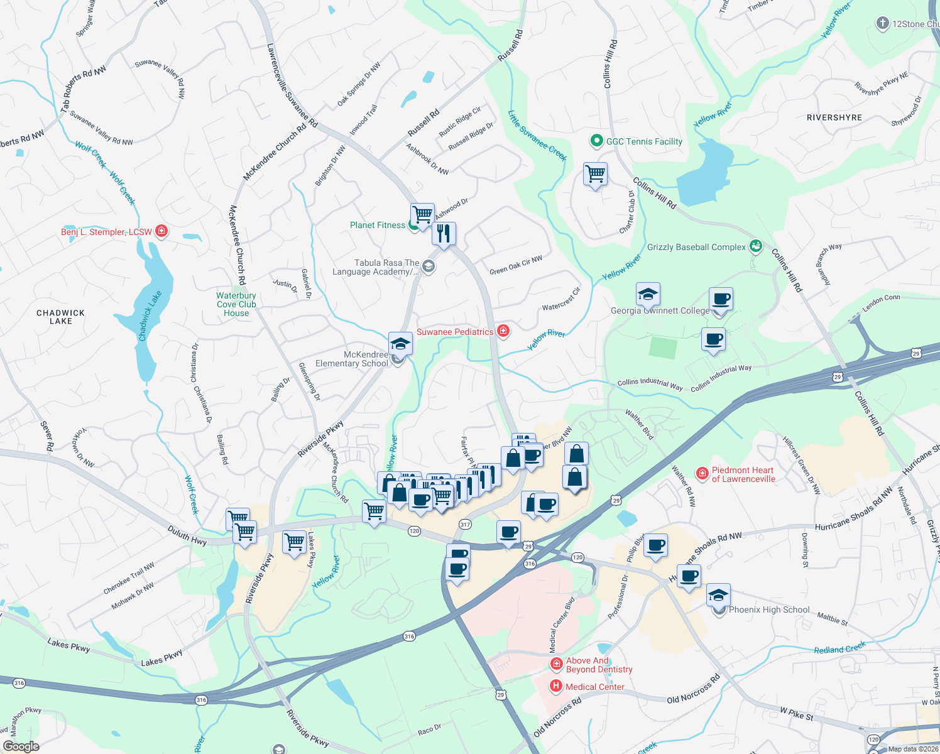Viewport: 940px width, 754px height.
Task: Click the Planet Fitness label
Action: pos(378,225)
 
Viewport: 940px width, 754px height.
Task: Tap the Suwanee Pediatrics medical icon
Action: pos(503,331)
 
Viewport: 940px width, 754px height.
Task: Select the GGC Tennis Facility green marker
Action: pos(596,141)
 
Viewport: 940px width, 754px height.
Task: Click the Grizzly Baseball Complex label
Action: pos(696,247)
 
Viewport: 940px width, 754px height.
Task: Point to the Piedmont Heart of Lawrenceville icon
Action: pos(702,473)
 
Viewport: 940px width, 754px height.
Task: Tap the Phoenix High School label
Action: pos(769,609)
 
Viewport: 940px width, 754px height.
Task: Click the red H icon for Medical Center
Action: pos(555,686)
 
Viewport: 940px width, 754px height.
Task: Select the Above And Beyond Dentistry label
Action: pos(599,665)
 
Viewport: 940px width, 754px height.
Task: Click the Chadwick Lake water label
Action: pos(150,316)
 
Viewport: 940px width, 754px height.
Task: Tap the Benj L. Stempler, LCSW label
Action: pos(106,232)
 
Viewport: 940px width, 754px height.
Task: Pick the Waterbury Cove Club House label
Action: pos(236,304)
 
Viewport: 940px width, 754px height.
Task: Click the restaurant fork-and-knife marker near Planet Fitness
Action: pos(444,234)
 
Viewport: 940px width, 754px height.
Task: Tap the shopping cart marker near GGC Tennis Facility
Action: pos(594,173)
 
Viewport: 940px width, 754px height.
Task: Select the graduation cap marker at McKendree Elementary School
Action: pos(400,344)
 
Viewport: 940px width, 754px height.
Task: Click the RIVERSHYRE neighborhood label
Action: pos(834,117)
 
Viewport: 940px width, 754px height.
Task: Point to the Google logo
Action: pos(21,746)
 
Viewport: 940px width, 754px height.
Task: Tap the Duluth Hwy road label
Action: pos(187,536)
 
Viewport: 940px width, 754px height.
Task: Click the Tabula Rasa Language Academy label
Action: pos(376,267)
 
